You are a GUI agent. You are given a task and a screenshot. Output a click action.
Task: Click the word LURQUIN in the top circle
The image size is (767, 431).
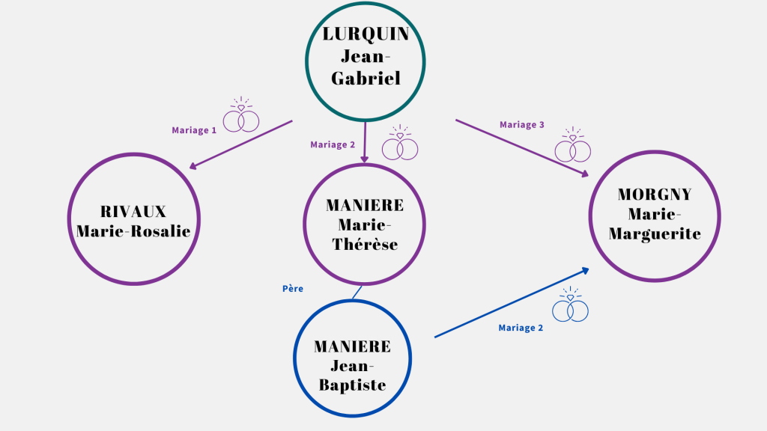(365, 34)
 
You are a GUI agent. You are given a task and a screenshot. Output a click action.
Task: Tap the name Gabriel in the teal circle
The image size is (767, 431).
(365, 78)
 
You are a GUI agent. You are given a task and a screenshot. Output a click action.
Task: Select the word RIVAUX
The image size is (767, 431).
(133, 211)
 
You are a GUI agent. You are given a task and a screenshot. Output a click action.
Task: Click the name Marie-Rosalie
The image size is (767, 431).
(133, 231)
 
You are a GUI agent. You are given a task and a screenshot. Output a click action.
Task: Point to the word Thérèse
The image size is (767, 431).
(365, 244)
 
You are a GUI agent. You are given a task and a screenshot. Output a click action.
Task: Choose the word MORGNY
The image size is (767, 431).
(655, 195)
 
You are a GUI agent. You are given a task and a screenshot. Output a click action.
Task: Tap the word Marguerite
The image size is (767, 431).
(655, 234)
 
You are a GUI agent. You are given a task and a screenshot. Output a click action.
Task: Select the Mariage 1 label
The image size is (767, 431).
(194, 130)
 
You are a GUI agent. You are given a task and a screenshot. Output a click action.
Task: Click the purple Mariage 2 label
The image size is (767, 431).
(333, 144)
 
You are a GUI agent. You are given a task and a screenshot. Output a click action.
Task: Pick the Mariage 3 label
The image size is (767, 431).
(522, 125)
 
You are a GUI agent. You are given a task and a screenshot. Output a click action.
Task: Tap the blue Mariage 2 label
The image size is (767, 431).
(521, 328)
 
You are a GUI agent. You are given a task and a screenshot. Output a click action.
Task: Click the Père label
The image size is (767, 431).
(293, 287)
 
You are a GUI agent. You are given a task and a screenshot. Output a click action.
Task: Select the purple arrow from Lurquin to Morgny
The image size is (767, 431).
(521, 147)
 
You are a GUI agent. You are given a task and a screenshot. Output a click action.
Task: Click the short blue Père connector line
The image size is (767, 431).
(357, 292)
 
